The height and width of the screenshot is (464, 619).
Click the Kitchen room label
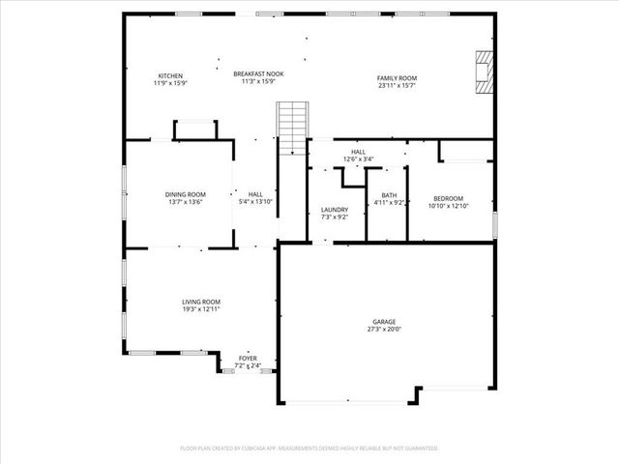pos(170,75)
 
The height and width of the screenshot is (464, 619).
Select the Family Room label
pos(397,77)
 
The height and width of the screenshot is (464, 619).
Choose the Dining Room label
pos(185,194)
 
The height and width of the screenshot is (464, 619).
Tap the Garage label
pos(384,322)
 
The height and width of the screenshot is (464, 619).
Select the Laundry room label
pos(335,210)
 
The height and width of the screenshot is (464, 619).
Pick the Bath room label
pos(388,195)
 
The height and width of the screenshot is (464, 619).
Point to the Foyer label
pos(248,359)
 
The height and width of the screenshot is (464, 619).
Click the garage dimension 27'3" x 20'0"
pos(384,329)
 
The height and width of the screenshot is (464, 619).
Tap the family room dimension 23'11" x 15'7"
pos(397,85)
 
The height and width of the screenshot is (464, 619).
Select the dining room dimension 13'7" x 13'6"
pos(185,202)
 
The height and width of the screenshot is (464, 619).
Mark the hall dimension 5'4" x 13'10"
pos(255,202)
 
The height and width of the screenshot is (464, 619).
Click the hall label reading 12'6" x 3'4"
pos(358,159)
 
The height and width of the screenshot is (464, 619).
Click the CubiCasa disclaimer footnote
pos(309,449)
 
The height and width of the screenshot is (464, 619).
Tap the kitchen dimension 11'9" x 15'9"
pos(170,83)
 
